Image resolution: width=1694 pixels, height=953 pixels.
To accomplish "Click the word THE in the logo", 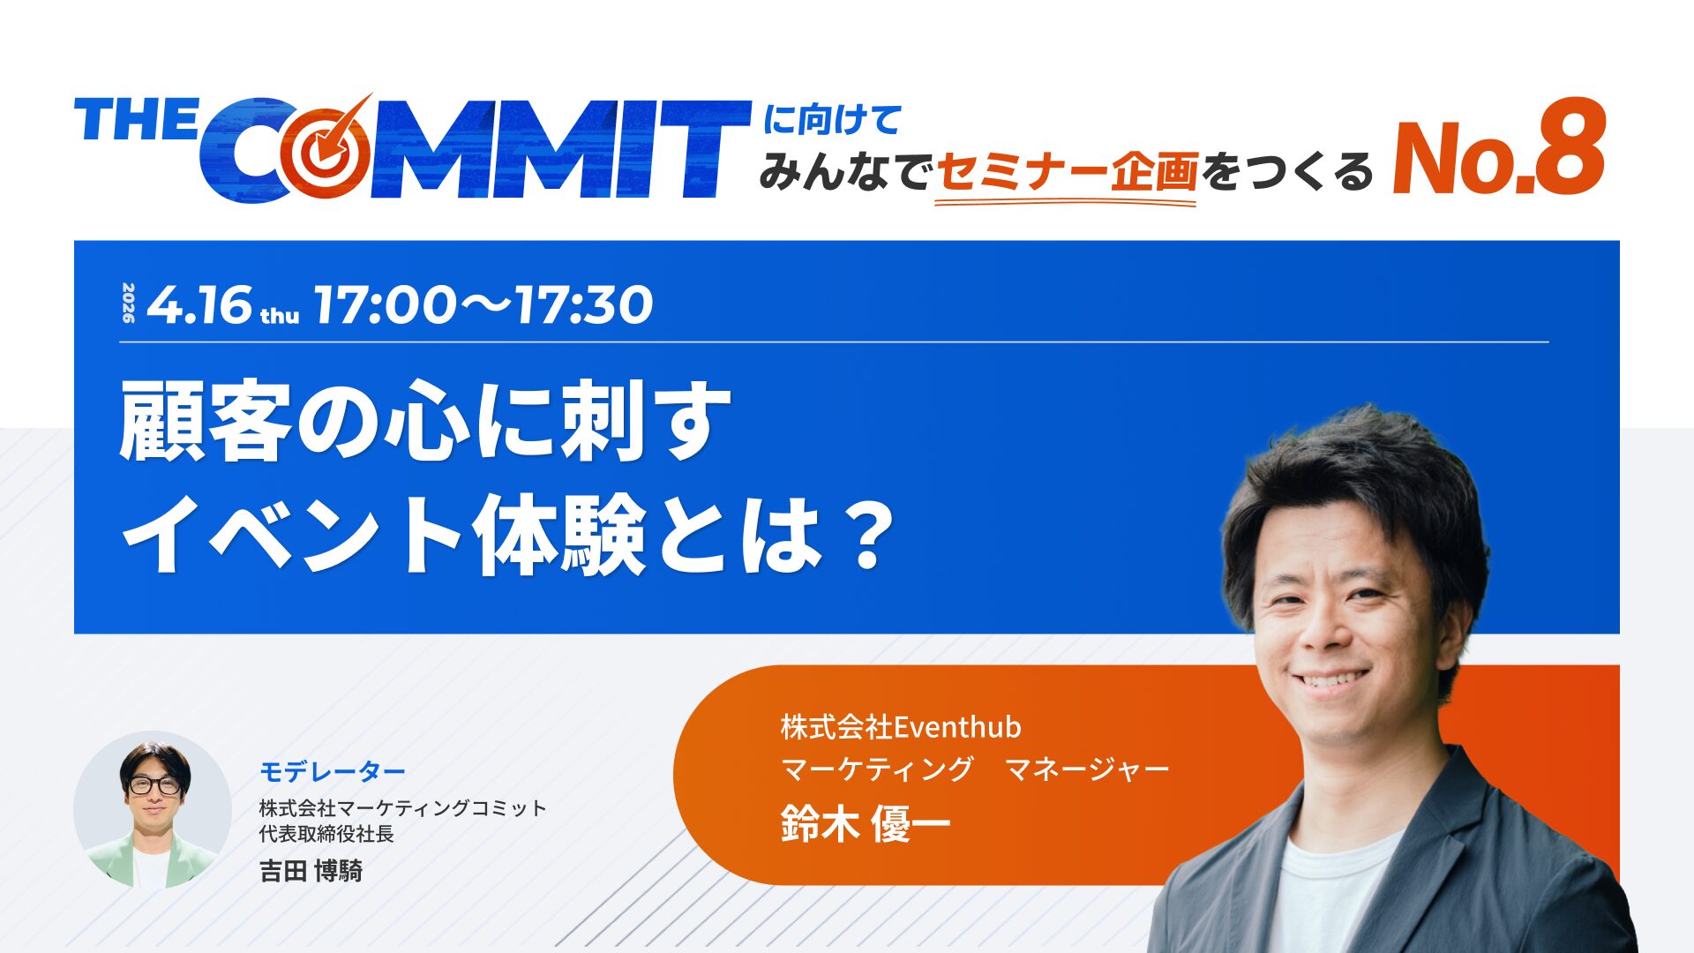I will [136, 120].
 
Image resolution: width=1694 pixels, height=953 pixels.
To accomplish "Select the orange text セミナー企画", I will [1066, 172].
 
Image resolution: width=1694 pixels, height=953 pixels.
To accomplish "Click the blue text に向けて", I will [832, 120].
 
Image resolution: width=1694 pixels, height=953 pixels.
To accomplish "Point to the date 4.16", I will [199, 305].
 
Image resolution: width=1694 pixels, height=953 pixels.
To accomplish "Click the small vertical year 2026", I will [129, 303].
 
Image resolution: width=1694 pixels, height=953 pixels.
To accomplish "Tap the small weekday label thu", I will [280, 316].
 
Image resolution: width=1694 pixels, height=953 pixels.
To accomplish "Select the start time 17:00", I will [385, 305].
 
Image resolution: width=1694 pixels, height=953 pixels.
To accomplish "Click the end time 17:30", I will [584, 305].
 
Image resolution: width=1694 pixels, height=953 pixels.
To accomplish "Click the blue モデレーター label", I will [333, 772].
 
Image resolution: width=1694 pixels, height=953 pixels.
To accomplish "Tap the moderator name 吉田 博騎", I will [311, 871].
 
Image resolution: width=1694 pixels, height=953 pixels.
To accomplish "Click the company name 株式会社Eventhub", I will [901, 727].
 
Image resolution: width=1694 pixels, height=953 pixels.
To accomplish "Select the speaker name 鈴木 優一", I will [866, 825].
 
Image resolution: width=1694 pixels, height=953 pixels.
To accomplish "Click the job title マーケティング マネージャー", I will [975, 769].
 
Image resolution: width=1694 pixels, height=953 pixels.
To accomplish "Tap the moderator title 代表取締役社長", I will [326, 834].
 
